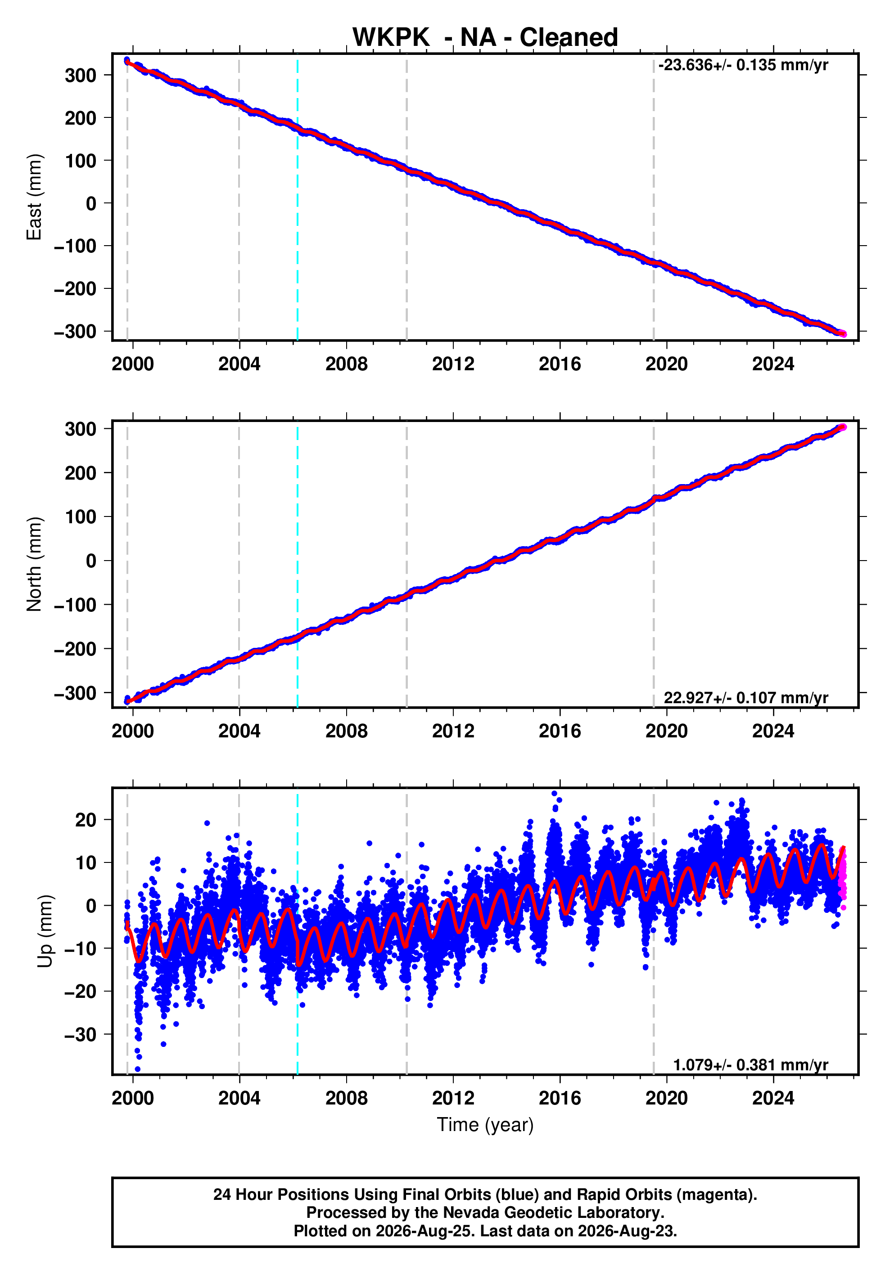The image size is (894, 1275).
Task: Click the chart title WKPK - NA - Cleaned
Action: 485,37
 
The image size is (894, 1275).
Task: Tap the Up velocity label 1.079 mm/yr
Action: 751,1064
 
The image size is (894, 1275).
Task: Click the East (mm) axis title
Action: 34,197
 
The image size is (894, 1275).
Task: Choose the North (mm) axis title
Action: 34,564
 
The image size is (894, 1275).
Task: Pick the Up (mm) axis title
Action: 45,931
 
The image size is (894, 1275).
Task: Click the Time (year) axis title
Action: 485,1124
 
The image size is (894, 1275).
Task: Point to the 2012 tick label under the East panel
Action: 453,364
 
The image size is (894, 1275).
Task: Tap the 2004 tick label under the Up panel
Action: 239,1098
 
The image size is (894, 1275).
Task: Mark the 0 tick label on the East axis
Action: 90,203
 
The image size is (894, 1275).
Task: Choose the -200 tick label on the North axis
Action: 75,649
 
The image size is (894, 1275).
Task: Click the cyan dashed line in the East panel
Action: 297,197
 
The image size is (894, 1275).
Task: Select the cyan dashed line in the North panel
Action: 297,564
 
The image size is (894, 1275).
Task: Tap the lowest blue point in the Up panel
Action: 138,1069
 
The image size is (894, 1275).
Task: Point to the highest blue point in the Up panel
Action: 554,794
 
